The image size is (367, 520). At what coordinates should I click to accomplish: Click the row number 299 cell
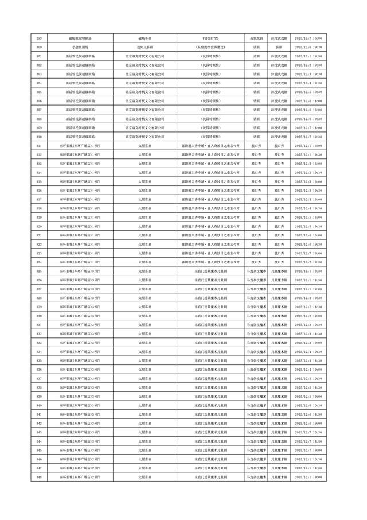coord(39,37)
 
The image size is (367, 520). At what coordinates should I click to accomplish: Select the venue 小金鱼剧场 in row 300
coord(80,46)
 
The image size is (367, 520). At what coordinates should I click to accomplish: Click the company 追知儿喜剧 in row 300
coord(145,46)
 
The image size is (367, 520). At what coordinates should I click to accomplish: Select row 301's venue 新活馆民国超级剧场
coord(80,56)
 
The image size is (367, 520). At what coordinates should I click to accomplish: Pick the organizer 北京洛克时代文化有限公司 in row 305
coord(145,92)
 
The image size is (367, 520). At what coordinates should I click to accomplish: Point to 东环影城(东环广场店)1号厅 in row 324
coord(80,262)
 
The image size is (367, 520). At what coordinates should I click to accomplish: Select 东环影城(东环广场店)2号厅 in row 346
coord(80,460)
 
